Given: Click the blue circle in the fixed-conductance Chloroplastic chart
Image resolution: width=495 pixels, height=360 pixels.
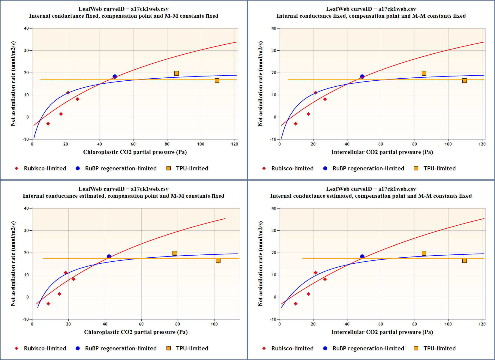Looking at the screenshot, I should (115, 76).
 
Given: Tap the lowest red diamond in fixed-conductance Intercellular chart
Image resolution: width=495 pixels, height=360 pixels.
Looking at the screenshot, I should (295, 124).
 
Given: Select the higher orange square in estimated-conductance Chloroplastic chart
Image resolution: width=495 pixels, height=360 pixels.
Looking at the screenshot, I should (175, 253).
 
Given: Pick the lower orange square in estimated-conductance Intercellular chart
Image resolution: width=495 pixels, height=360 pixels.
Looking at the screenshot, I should (464, 260).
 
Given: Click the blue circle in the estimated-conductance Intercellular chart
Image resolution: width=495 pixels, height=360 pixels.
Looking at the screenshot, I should (362, 256).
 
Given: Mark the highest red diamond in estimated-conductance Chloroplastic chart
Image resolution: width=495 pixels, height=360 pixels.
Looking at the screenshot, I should (66, 273).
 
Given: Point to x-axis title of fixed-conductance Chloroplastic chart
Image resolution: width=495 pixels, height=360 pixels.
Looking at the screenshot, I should (135, 152).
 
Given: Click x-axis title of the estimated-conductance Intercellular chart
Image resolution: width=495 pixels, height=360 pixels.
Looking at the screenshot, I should (382, 332).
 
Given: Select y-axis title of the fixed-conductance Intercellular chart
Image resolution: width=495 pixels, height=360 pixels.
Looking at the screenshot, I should (260, 84).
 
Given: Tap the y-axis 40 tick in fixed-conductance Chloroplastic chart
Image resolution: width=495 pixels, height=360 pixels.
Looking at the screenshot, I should (26, 28).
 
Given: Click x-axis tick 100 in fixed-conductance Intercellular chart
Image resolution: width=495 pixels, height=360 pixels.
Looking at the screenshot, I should (448, 144).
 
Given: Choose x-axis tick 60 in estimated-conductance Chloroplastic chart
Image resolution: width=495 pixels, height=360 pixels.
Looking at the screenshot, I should (141, 324).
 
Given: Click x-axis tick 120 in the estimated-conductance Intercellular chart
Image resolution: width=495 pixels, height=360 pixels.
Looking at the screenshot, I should (482, 324).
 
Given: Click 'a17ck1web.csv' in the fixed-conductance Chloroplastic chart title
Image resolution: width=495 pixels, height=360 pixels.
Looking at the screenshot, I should (149, 9).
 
